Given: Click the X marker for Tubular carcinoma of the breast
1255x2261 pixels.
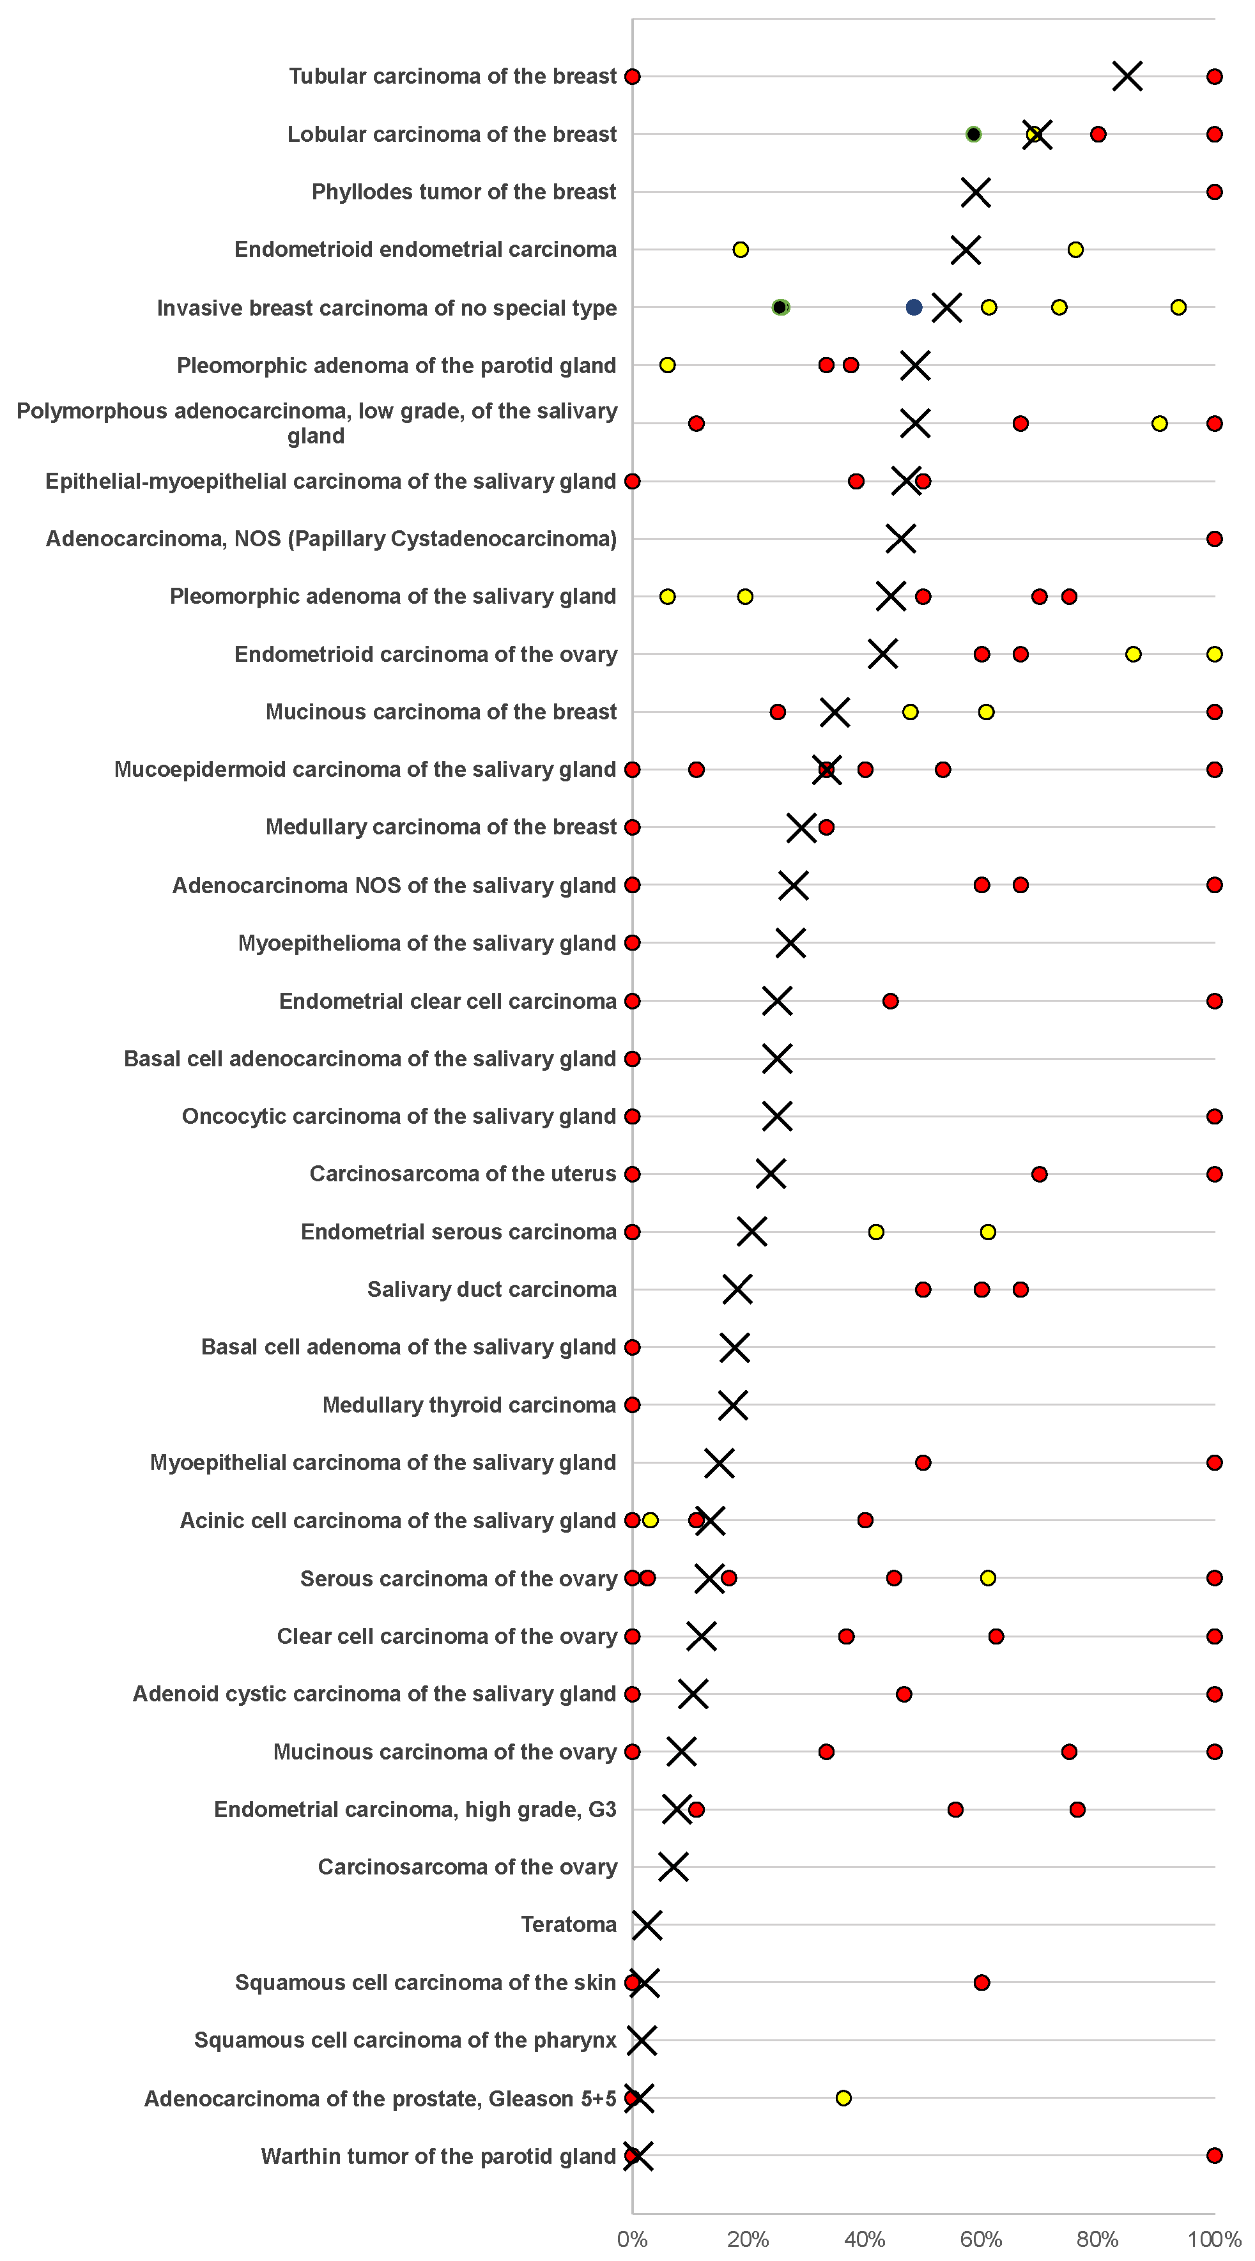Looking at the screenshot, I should point(1127,77).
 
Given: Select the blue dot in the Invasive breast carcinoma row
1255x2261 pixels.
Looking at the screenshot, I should point(914,307).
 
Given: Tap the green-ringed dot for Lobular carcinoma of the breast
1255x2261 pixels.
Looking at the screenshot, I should point(973,134).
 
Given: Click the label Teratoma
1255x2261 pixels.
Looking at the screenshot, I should point(569,1925).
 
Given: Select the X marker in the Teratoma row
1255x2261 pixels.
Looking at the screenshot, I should point(647,1925).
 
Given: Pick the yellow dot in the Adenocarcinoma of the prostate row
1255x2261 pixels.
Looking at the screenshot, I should point(843,2097).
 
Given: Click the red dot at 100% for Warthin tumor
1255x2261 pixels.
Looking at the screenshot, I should point(1213,2156).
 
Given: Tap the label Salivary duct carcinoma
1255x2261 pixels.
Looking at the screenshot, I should point(491,1289).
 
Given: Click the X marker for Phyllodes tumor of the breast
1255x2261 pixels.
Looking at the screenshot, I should point(975,192).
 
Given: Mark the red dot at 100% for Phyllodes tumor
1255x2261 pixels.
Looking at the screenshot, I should point(1213,192).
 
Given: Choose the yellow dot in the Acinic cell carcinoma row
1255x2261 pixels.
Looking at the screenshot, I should point(651,1520).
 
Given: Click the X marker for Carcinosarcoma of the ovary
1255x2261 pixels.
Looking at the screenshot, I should point(673,1867).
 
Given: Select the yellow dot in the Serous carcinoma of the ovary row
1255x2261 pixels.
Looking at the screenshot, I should point(987,1578).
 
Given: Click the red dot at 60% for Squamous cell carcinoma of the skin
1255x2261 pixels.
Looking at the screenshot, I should point(981,1982).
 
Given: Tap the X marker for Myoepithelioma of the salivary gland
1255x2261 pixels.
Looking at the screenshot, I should point(790,942).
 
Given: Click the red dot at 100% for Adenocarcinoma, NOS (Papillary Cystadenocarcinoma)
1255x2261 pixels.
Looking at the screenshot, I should point(1213,539).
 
